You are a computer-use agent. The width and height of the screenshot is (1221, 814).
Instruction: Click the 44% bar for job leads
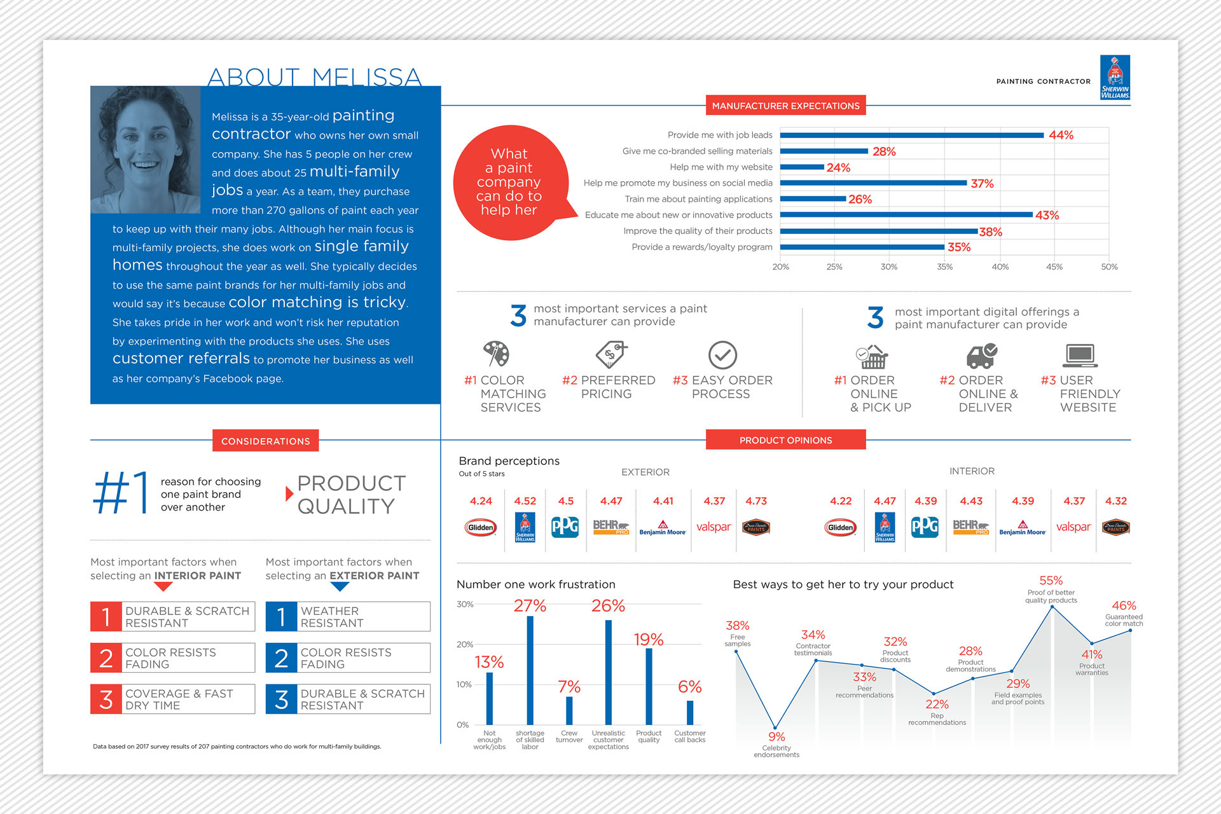911,135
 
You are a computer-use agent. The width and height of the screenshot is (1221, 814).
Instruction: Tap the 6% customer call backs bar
690,712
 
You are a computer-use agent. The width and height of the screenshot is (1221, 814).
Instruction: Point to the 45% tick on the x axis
1054,267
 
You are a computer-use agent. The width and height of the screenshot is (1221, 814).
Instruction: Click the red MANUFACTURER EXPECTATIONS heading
785,106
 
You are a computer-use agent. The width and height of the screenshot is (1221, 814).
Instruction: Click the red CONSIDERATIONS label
265,441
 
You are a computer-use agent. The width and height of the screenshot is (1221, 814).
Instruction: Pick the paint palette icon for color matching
495,354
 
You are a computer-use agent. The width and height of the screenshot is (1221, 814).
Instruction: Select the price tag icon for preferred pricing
610,354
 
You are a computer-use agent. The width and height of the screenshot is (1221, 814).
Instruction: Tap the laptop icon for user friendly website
1080,355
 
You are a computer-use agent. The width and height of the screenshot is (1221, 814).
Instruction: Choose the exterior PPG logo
565,527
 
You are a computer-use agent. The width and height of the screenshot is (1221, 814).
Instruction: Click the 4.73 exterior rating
756,501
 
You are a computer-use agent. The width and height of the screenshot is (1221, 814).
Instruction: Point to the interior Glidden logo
840,527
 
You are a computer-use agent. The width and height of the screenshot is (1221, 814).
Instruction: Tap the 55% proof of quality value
1051,581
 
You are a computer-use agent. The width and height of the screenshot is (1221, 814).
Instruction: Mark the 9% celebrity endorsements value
776,736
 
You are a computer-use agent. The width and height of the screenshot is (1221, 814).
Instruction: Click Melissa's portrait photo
146,149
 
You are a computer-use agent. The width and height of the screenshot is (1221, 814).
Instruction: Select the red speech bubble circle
509,183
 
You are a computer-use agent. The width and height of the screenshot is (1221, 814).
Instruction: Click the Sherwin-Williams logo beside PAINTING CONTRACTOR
1115,78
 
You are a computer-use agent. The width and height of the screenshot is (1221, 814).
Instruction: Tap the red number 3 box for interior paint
106,699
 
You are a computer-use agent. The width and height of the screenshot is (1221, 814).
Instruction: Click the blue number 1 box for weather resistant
281,616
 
